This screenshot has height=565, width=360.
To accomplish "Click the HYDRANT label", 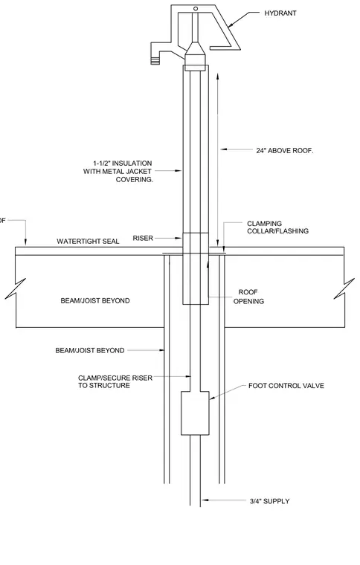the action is tap(280, 13).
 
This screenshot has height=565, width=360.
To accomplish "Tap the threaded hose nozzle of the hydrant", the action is tap(155, 59).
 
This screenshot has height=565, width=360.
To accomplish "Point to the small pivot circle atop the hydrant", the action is tap(196, 8).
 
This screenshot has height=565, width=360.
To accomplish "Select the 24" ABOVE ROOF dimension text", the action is tap(284, 151).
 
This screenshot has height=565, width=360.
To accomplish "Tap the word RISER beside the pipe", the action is tap(143, 238).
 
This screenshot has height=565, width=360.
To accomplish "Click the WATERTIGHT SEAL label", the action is tap(88, 242).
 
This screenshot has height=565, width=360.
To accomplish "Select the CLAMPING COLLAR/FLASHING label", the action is tap(277, 227).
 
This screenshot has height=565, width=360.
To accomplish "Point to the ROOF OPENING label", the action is tap(248, 297).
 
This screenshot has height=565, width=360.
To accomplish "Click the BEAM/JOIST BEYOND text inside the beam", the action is tap(94, 300).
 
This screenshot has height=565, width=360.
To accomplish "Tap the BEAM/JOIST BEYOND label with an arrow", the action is tap(90, 350).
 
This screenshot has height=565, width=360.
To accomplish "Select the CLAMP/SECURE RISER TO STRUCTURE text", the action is tap(115, 381).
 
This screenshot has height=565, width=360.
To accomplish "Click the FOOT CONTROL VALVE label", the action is tap(286, 386).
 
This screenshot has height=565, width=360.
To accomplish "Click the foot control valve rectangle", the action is tap(195, 413).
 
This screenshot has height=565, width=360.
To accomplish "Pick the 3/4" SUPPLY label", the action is tap(269, 501).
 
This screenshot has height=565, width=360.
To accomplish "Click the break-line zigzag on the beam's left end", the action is tap(15, 289).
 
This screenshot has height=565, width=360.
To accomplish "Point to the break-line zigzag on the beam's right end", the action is tap(344, 288).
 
